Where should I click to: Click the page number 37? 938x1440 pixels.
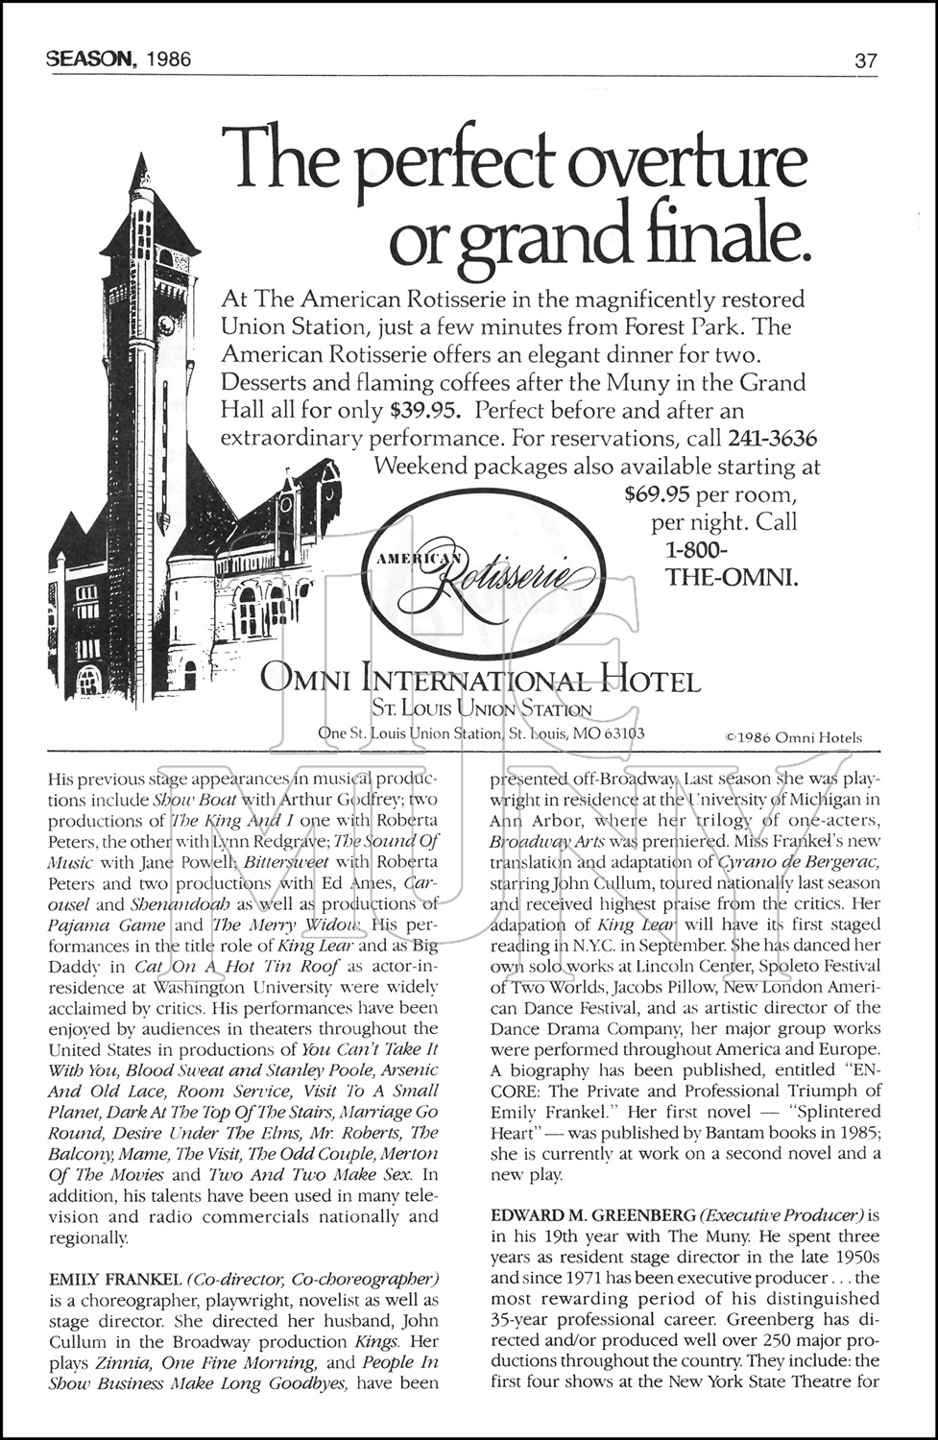point(865,60)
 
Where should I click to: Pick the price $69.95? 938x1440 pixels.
point(657,495)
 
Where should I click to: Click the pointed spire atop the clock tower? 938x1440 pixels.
point(142,173)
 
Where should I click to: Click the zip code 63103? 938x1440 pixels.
point(622,733)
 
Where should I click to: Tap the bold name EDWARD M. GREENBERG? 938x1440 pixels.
point(580,1215)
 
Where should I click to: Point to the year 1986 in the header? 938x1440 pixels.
point(167,60)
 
